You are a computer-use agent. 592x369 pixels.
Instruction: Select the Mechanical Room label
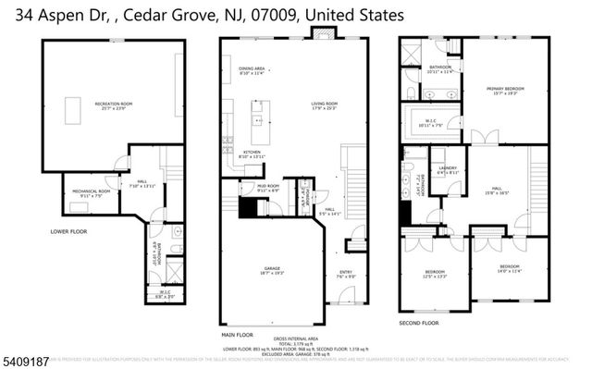91,192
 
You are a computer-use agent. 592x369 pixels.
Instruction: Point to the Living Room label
324,105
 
